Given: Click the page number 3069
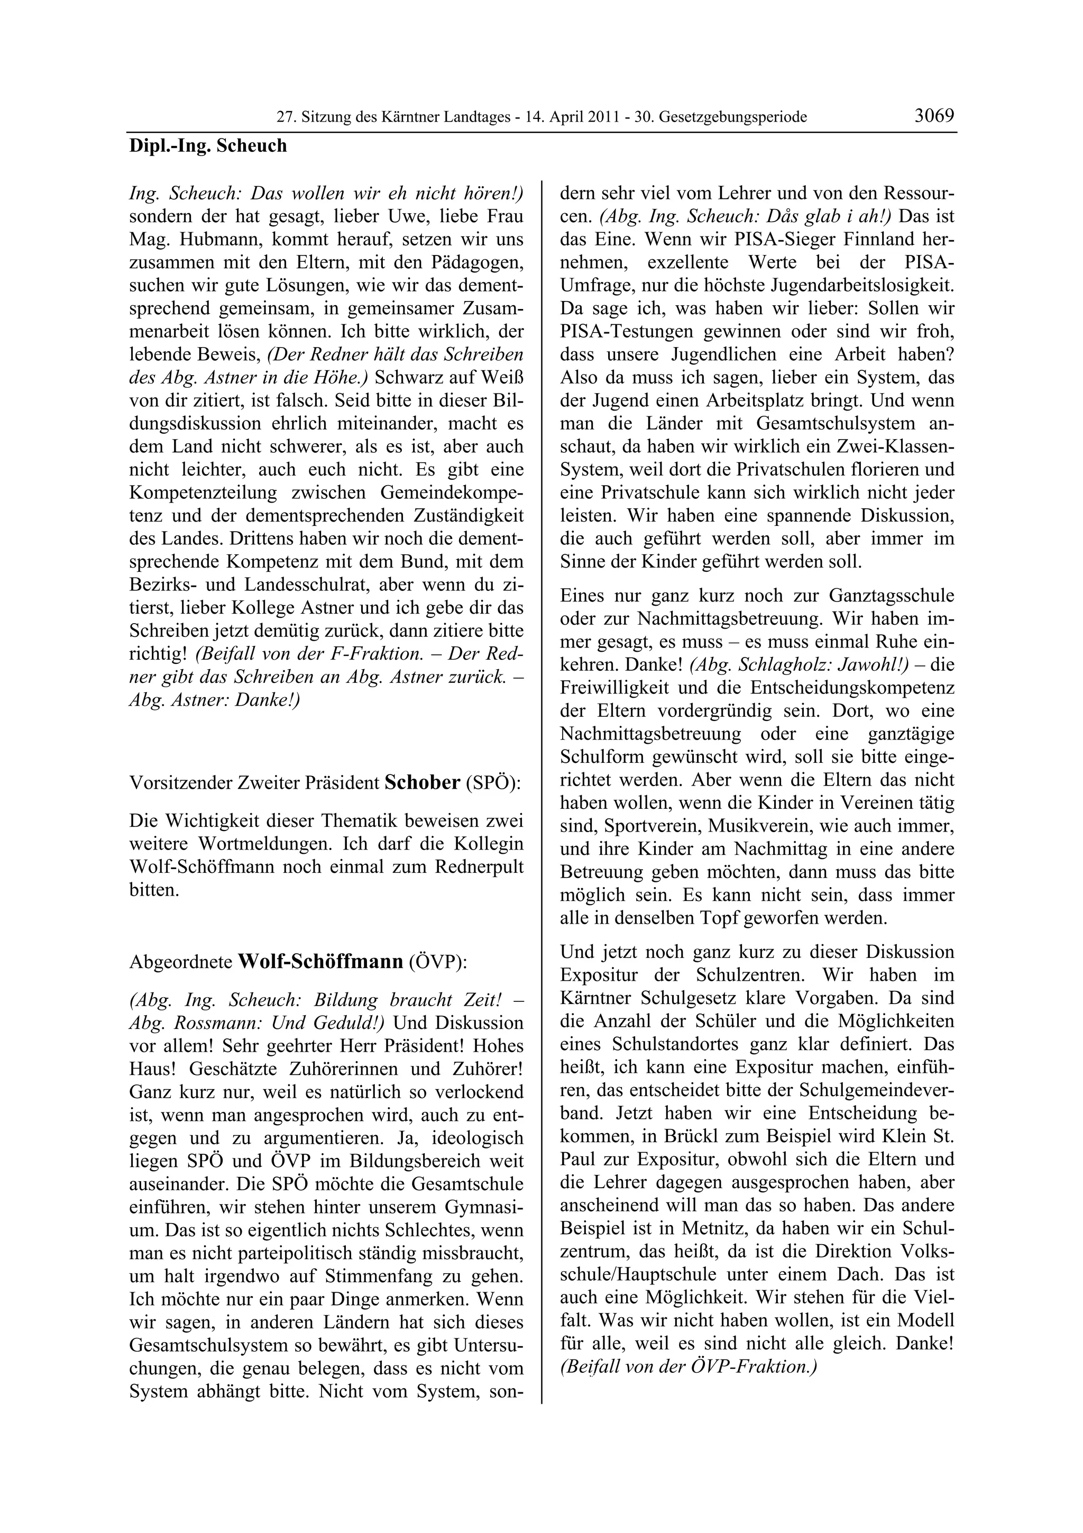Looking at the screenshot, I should tap(934, 115).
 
